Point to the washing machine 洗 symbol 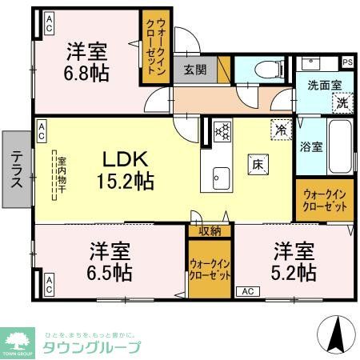[342, 102]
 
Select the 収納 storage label [210, 231]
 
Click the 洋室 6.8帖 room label [86, 62]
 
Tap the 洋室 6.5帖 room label [110, 261]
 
